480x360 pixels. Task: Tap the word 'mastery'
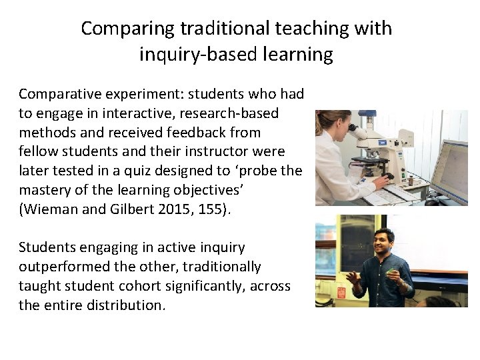[x=45, y=190]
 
